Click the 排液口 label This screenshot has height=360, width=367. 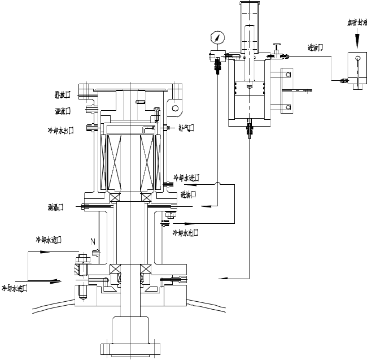[62, 94]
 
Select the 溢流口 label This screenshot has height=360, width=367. [62, 110]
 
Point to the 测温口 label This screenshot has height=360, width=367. [55, 207]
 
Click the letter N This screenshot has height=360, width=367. [93, 241]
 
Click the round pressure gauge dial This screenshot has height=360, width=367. [217, 38]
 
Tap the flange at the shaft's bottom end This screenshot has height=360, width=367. [130, 349]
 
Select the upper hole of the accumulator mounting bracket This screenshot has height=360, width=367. [288, 75]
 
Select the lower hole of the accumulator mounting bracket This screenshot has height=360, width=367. [288, 107]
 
